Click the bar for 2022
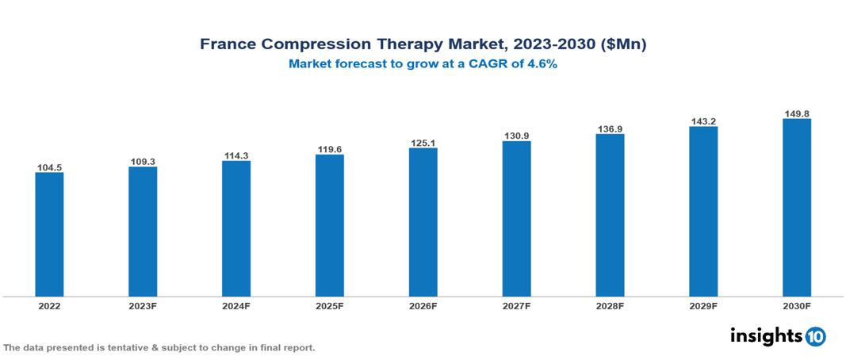tap(49, 235)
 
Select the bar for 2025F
tap(330, 225)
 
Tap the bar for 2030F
tap(797, 208)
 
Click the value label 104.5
tap(49, 168)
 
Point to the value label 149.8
tap(797, 113)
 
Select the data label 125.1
tap(423, 143)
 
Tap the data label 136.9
tap(610, 128)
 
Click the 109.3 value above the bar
tap(143, 162)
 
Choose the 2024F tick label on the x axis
tap(236, 305)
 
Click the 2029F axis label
tap(703, 305)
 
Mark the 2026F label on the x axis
tap(423, 305)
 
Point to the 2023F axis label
tap(143, 305)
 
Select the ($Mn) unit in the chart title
tap(625, 45)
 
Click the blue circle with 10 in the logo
tap(815, 336)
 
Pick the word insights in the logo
tap(766, 335)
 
